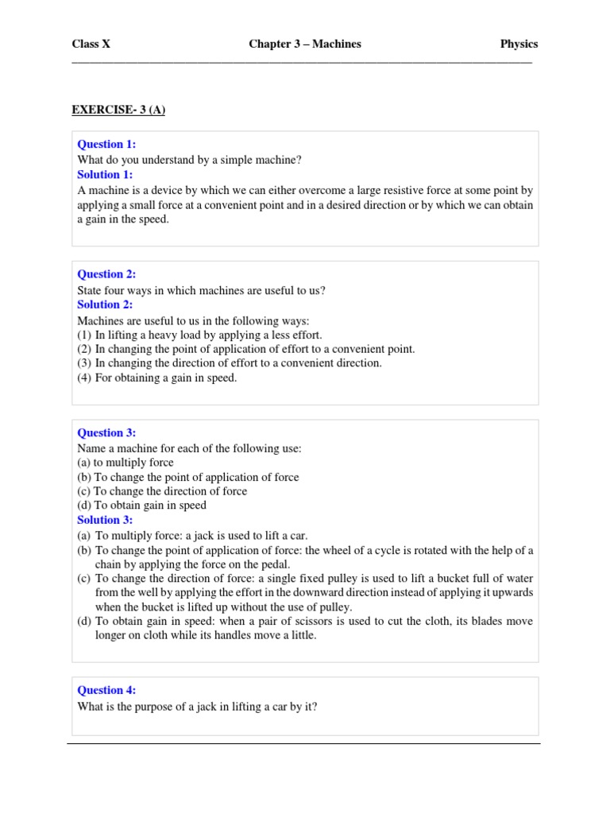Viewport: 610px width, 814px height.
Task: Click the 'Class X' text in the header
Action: pos(91,45)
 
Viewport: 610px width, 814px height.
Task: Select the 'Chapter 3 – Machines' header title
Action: pos(305,45)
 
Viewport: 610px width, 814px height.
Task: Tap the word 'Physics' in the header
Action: pos(519,45)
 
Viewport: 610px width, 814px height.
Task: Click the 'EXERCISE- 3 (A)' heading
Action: pos(118,110)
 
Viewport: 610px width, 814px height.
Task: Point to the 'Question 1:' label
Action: pos(106,145)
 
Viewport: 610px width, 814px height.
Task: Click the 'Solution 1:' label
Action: pos(105,175)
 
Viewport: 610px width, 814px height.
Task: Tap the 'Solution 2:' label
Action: pos(105,304)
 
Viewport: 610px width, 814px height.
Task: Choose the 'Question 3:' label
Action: pos(106,433)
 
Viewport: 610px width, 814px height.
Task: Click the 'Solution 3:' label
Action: pos(105,520)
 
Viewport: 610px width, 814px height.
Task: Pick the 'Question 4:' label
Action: pos(106,691)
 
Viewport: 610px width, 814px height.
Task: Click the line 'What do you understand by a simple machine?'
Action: pos(189,160)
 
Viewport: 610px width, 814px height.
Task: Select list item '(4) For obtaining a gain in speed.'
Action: pos(157,378)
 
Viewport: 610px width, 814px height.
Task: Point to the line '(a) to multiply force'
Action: pos(125,463)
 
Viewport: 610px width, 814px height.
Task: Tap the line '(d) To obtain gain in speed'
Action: pos(141,506)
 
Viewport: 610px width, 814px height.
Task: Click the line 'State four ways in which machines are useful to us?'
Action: pos(201,290)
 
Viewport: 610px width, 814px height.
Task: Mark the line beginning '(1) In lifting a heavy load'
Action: pos(199,335)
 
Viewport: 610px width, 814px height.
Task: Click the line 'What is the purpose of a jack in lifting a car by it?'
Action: pos(197,706)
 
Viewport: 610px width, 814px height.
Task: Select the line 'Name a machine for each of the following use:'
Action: pos(189,448)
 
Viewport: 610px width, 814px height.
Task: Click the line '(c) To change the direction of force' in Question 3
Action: pos(162,491)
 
